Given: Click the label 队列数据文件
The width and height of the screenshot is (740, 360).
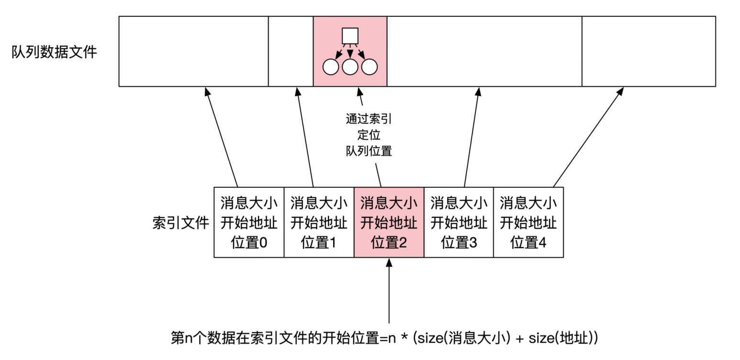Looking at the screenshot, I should click(x=54, y=51).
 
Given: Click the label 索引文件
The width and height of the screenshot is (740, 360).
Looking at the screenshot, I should click(x=180, y=223).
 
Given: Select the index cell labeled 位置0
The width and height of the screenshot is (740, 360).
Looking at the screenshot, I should click(x=249, y=223).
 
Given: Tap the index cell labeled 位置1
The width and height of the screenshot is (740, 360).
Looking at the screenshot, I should click(x=319, y=223).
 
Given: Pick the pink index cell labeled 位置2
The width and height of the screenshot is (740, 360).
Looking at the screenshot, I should click(x=389, y=223).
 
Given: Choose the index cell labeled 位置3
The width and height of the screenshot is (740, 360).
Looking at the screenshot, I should click(x=459, y=223).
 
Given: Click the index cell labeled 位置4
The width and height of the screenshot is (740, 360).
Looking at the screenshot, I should click(x=528, y=223).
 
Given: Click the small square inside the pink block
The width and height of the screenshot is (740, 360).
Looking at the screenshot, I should click(x=350, y=36).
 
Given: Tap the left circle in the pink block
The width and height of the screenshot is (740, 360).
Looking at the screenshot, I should click(x=331, y=67).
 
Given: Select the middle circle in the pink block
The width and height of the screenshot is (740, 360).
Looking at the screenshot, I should click(x=350, y=67).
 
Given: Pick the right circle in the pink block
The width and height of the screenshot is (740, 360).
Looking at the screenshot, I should click(x=369, y=67).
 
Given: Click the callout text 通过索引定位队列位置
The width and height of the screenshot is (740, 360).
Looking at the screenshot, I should click(x=369, y=135).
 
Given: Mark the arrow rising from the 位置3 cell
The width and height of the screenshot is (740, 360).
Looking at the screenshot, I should click(x=471, y=137).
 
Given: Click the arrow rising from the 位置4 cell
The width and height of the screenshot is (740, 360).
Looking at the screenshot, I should click(x=588, y=137).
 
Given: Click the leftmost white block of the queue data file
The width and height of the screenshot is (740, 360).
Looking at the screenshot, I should click(x=193, y=51).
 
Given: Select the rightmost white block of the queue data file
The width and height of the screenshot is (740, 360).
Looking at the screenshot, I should click(x=649, y=51).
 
